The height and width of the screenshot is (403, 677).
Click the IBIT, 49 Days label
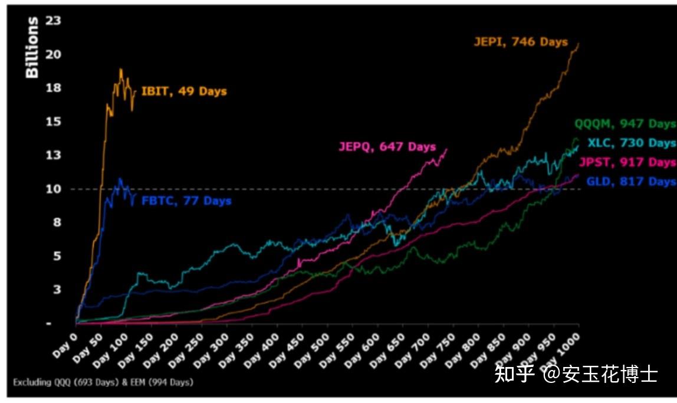click(x=184, y=91)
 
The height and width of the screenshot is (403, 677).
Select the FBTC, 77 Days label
click(x=186, y=201)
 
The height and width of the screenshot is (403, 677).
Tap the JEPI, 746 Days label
click(x=521, y=42)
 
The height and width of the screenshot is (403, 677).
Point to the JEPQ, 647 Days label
click(x=387, y=147)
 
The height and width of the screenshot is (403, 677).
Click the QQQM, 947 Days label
click(x=625, y=124)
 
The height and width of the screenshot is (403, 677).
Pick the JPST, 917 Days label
click(x=627, y=162)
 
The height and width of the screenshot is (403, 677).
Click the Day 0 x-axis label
click(x=65, y=344)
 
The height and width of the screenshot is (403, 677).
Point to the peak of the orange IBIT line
click(x=120, y=70)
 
